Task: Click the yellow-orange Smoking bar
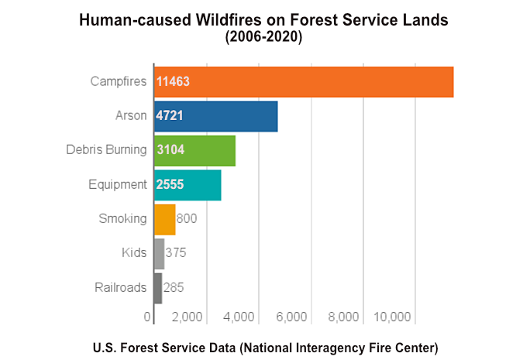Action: point(165,219)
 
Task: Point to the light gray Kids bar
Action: point(159,253)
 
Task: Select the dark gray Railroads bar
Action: point(158,288)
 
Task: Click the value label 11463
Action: point(173,81)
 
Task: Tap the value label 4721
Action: point(170,116)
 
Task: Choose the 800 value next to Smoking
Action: point(187,219)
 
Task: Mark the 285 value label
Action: point(174,288)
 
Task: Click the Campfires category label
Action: point(119,81)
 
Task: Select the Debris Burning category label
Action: point(106,150)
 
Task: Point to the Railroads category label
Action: point(120,288)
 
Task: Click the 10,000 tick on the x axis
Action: point(392,317)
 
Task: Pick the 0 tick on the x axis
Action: point(148,317)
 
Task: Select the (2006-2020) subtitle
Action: point(263,36)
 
